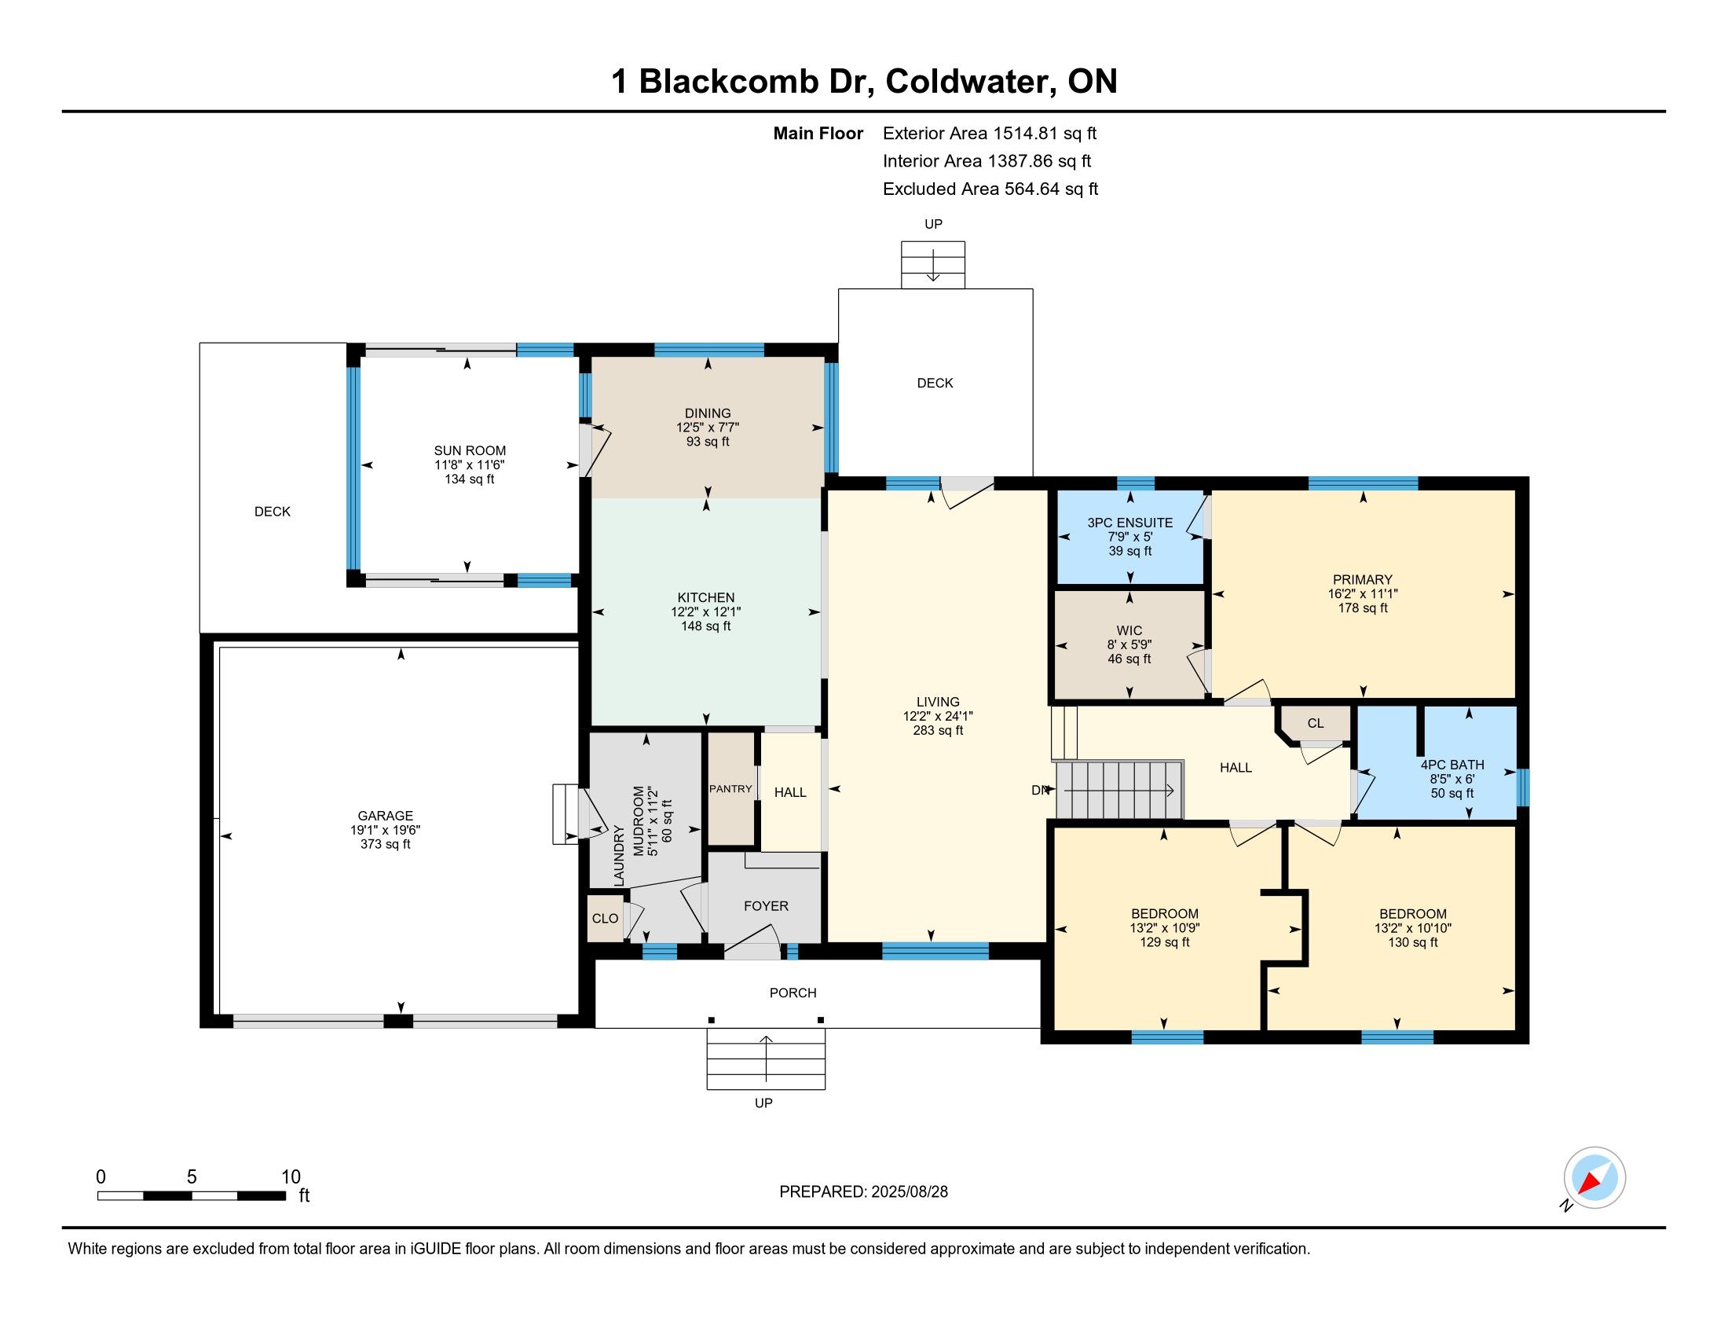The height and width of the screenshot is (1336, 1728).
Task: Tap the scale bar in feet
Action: click(x=192, y=1196)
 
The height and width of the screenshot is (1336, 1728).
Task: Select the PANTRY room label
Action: click(x=730, y=789)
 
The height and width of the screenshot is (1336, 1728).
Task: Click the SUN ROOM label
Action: click(x=470, y=451)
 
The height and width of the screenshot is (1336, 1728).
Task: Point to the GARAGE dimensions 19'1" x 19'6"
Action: click(x=386, y=830)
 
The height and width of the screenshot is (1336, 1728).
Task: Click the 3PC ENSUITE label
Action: click(x=1129, y=523)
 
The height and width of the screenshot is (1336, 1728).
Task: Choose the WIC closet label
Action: click(x=1129, y=631)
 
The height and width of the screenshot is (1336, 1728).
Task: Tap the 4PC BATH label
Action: click(x=1452, y=765)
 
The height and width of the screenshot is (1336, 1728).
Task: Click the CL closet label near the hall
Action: click(x=1315, y=723)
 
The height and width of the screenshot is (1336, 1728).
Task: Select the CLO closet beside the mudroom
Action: click(x=606, y=919)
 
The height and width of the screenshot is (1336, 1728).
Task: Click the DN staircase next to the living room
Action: click(x=1118, y=790)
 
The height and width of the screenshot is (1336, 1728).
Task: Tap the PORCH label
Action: click(x=793, y=993)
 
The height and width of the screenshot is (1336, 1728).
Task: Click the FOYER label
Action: click(x=766, y=906)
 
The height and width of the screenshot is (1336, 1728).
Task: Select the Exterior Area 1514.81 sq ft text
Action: click(x=990, y=134)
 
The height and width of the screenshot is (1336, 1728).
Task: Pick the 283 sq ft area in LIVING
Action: click(x=939, y=731)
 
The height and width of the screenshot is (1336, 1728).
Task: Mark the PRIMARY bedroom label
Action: click(x=1363, y=580)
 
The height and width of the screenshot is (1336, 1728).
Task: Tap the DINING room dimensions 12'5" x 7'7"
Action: click(x=708, y=428)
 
